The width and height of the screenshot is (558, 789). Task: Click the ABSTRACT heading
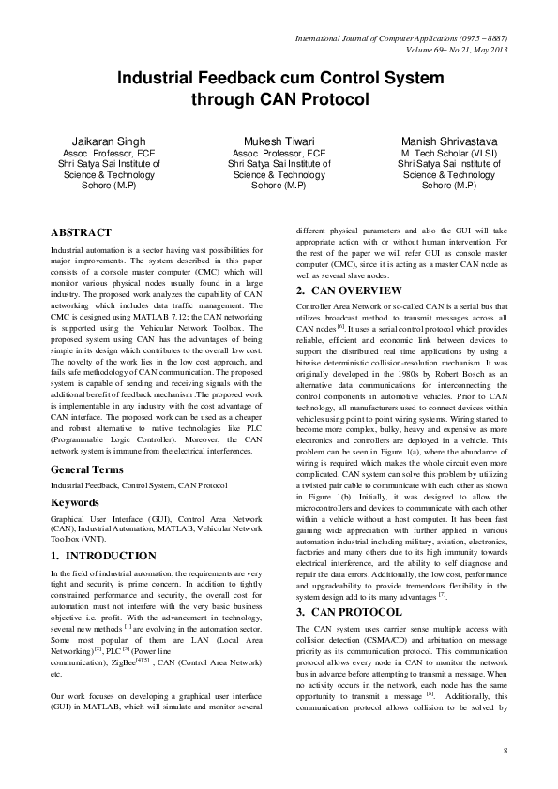coord(81,232)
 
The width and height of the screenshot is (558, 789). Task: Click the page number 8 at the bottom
coord(505,752)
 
